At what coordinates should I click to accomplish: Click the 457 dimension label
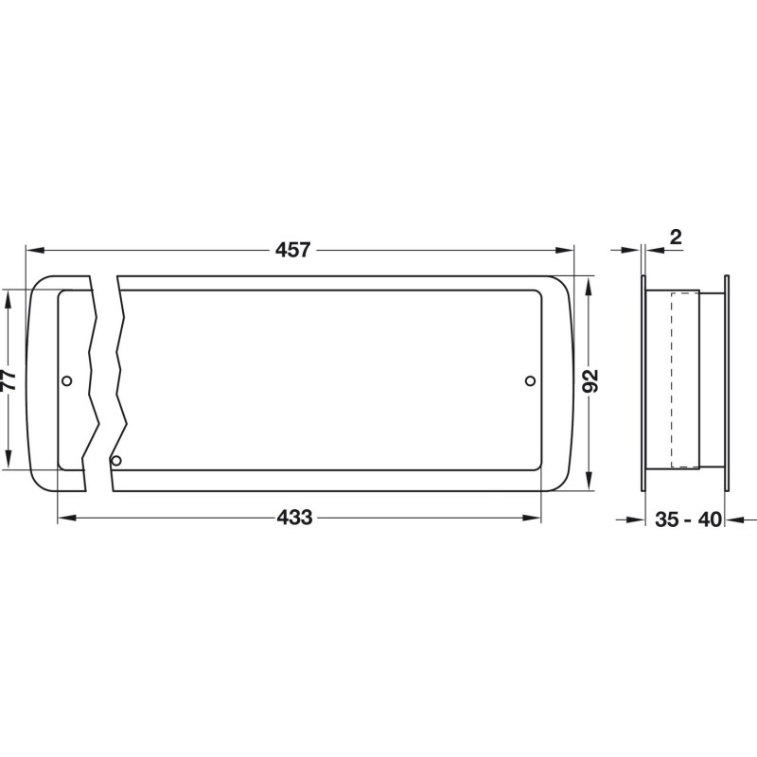tap(292, 250)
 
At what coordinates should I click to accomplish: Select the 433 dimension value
tap(294, 518)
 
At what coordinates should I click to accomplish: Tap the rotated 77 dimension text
tap(9, 379)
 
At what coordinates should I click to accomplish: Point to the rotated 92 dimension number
tap(590, 380)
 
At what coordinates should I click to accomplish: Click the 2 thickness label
tap(676, 238)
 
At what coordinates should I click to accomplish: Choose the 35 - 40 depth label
tap(688, 519)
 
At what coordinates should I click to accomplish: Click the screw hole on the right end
tap(530, 381)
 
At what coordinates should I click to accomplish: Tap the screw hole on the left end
tap(67, 381)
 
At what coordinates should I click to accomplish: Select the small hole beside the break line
tap(115, 461)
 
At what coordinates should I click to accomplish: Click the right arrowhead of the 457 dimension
tap(564, 250)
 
